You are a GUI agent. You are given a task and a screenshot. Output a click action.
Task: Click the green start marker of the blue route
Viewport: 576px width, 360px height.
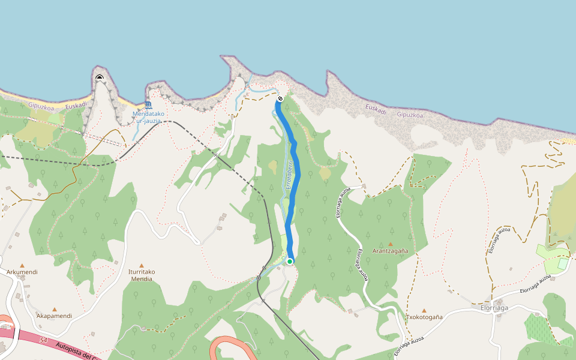(289, 261)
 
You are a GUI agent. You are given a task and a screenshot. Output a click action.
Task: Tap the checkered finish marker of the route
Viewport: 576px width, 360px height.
(280, 98)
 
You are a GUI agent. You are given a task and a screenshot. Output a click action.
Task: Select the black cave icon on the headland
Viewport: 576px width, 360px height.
(100, 77)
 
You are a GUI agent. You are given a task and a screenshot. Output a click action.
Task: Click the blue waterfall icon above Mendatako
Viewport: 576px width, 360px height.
(148, 105)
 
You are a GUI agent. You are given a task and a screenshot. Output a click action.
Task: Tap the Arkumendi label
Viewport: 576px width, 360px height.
(22, 272)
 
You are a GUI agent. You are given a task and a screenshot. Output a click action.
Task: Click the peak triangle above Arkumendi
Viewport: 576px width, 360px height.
(22, 265)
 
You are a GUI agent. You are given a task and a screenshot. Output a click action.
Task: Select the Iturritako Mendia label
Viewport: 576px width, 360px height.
(142, 275)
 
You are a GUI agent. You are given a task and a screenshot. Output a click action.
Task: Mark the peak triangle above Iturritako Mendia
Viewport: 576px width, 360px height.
(142, 265)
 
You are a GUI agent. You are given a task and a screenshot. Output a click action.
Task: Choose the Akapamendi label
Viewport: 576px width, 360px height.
(54, 316)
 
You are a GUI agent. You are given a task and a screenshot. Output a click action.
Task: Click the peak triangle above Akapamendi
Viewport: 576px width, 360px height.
(54, 309)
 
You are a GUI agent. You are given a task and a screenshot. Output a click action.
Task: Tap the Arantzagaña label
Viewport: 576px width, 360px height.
(390, 251)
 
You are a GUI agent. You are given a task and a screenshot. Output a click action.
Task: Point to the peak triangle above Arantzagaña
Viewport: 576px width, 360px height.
(390, 244)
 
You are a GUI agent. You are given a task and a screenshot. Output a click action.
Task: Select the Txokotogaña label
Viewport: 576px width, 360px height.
(424, 317)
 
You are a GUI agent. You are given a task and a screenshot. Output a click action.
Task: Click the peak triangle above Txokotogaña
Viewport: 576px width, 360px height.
(424, 310)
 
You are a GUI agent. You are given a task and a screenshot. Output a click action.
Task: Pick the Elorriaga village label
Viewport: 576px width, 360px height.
(494, 308)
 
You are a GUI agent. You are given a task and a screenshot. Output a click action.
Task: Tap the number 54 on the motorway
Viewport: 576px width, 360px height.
(43, 340)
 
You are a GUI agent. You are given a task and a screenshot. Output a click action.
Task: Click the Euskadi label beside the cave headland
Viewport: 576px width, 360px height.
(76, 106)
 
